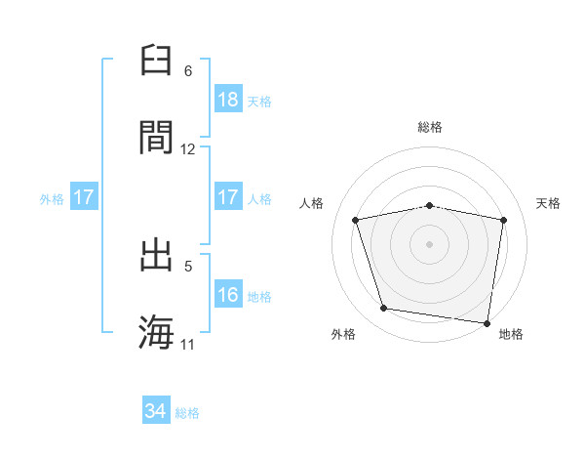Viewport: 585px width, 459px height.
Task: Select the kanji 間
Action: tap(157, 137)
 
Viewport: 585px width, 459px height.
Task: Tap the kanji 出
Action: tap(157, 255)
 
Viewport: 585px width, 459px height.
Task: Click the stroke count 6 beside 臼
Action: tap(188, 71)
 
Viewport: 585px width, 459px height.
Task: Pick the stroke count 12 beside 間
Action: tap(188, 149)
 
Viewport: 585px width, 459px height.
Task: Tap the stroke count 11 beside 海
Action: tap(188, 345)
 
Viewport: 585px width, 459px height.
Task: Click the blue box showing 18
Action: tap(228, 100)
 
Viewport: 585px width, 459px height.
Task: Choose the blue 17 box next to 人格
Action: tap(228, 198)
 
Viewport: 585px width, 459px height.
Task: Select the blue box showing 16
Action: tap(228, 295)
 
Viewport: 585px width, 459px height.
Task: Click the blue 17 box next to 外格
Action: tap(84, 198)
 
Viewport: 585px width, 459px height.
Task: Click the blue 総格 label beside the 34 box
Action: tap(188, 413)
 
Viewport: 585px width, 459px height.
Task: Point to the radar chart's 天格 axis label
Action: tap(549, 203)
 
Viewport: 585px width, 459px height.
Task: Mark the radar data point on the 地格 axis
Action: tap(487, 322)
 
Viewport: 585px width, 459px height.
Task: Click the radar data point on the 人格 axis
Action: tap(357, 220)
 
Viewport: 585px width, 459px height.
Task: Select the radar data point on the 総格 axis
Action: tap(430, 205)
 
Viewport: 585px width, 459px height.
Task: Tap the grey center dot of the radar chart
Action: tap(430, 243)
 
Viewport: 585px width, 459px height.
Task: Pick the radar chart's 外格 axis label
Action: tap(343, 334)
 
